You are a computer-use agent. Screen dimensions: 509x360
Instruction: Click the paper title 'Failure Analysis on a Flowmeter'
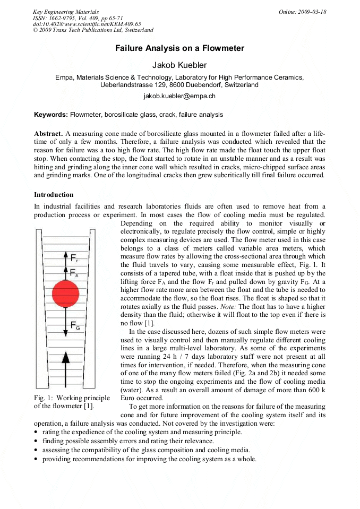(179, 48)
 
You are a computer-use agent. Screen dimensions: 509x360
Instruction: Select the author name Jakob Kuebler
(179, 65)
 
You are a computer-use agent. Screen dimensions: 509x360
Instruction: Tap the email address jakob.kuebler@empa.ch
(179, 96)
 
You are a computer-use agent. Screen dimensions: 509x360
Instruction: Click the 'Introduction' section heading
(54, 195)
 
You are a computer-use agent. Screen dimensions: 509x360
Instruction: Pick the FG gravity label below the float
(75, 326)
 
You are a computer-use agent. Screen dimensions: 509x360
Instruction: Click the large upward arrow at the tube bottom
(65, 366)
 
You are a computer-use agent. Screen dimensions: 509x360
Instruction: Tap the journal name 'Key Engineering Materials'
(65, 12)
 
